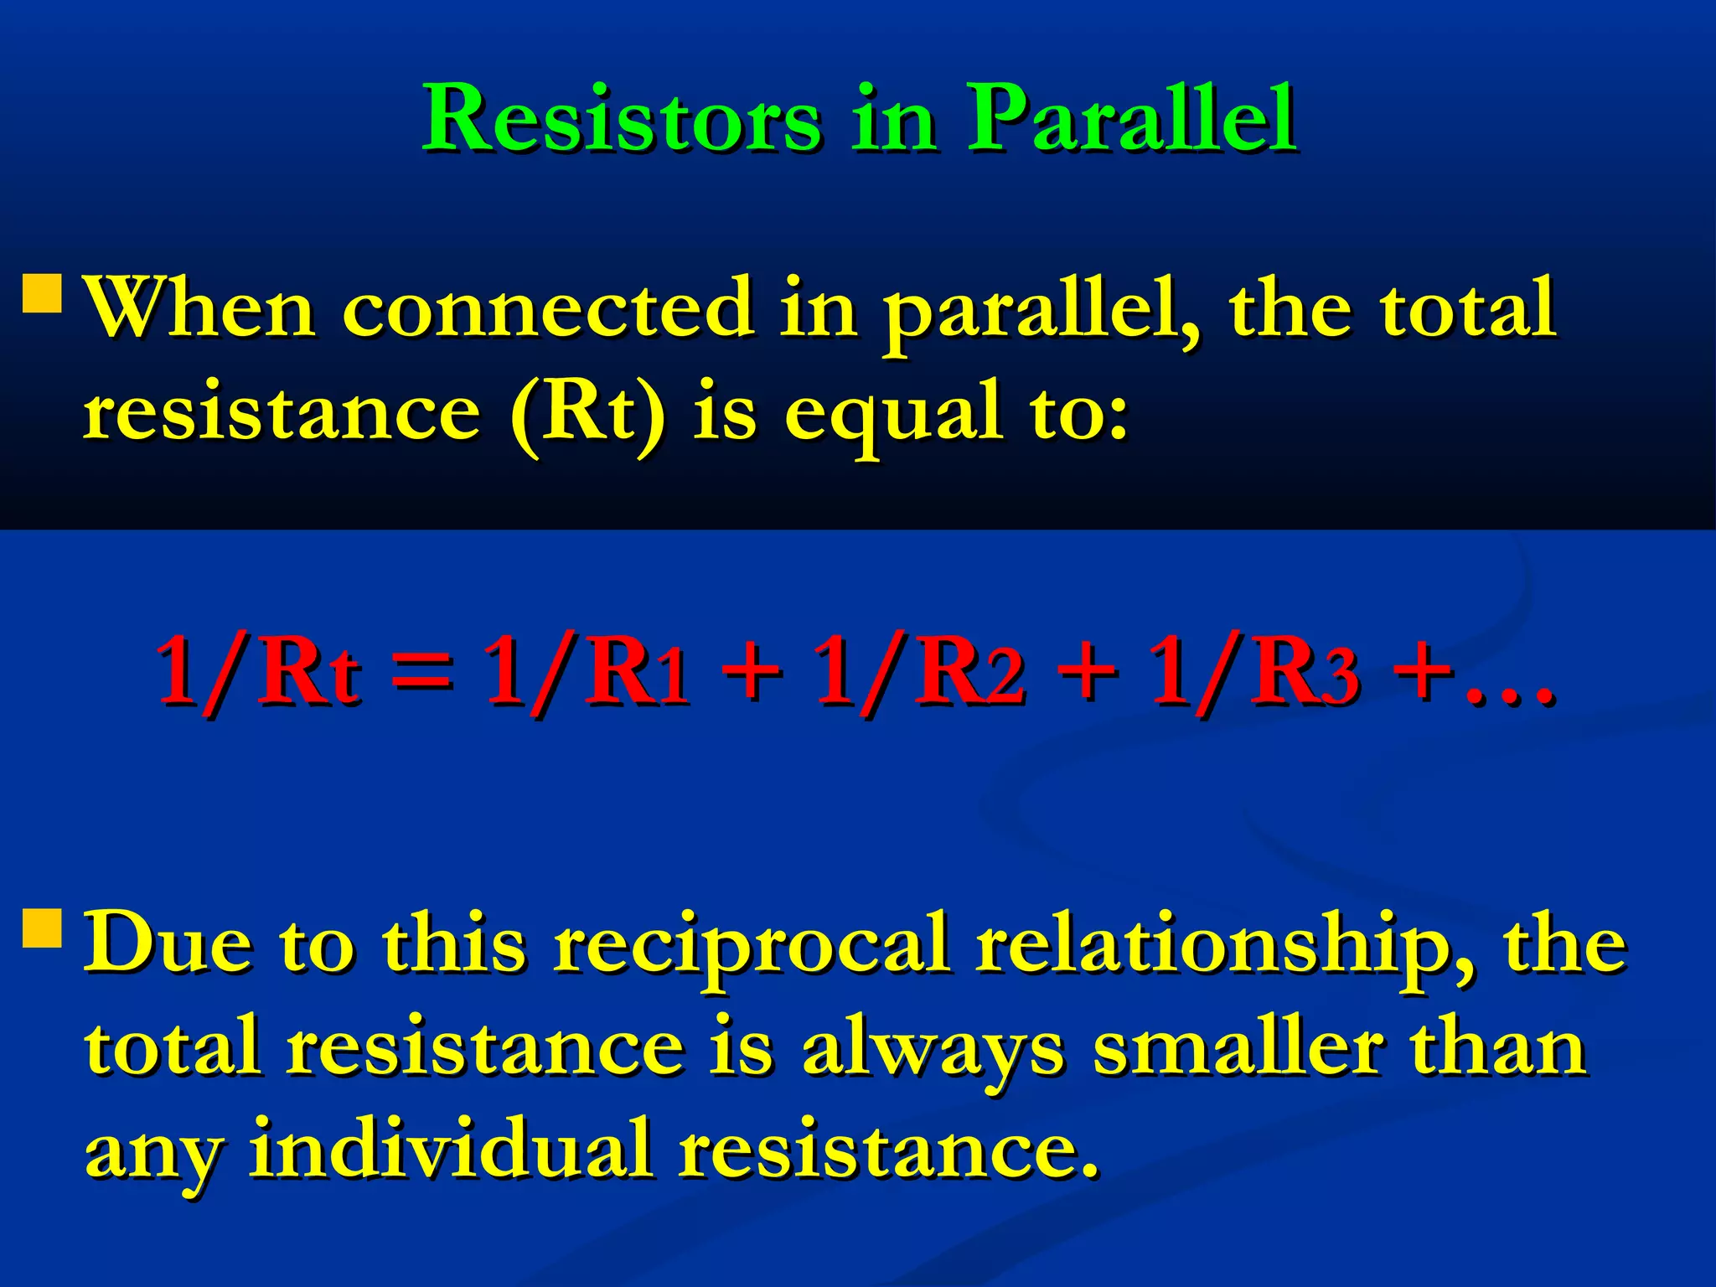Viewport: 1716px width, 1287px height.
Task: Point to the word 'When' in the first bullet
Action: click(x=201, y=308)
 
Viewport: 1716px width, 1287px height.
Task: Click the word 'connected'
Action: click(x=548, y=308)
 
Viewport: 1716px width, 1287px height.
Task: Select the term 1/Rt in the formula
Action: click(x=259, y=670)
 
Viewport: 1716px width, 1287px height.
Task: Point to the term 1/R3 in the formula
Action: click(x=1253, y=670)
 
